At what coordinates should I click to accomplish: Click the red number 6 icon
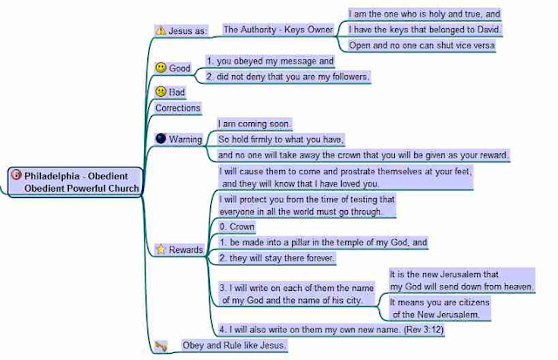click(x=15, y=174)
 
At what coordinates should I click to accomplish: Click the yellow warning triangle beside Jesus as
click(x=160, y=30)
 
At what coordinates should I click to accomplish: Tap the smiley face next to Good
click(x=160, y=68)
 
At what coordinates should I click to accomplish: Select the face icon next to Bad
click(x=160, y=92)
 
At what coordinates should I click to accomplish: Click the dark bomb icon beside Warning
click(x=160, y=139)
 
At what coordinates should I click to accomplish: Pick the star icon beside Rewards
click(x=160, y=249)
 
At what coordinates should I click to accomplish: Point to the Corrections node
click(x=178, y=108)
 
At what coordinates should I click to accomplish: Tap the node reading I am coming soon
click(x=255, y=124)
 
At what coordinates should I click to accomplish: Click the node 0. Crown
click(x=237, y=226)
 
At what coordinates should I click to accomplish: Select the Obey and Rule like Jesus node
click(x=234, y=345)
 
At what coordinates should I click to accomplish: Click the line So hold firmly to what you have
click(x=281, y=139)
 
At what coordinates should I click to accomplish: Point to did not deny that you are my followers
click(x=287, y=77)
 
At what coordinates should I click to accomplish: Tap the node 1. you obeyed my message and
click(x=269, y=61)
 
